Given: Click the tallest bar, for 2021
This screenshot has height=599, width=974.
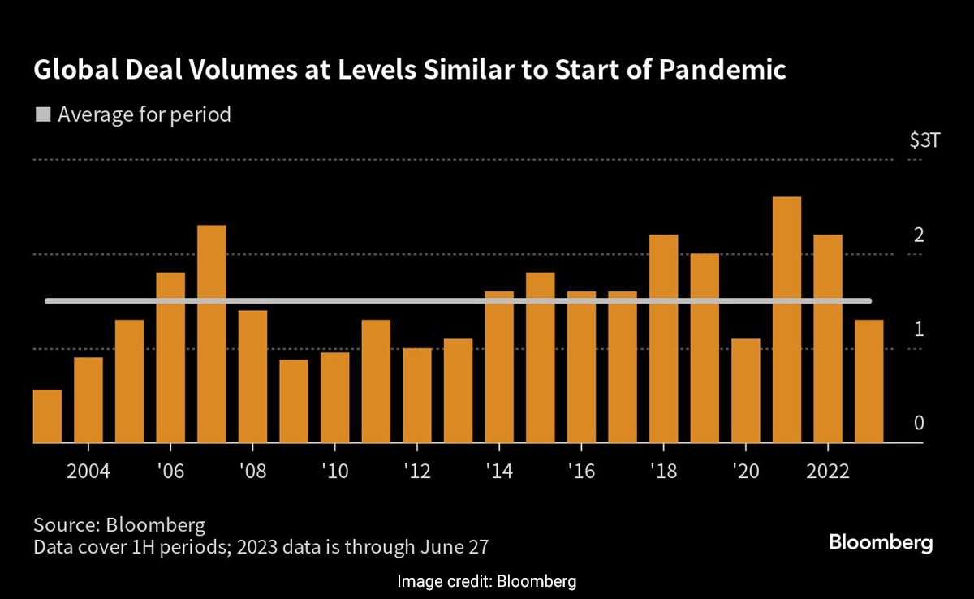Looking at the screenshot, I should pyautogui.click(x=787, y=320).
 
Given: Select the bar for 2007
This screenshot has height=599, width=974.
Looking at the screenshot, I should pyautogui.click(x=212, y=334).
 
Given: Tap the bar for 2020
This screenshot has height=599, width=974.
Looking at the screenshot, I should pyautogui.click(x=746, y=390).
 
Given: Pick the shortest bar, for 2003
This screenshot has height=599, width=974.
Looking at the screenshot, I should pyautogui.click(x=47, y=416).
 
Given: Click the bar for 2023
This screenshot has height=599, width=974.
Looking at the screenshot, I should pyautogui.click(x=869, y=381).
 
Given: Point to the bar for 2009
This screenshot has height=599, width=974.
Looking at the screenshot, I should pyautogui.click(x=294, y=401).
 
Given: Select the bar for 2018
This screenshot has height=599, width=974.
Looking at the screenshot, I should pyautogui.click(x=663, y=338).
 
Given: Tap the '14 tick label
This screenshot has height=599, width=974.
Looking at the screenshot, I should pyautogui.click(x=499, y=472).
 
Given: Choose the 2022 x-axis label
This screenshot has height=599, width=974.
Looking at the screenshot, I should pyautogui.click(x=828, y=472).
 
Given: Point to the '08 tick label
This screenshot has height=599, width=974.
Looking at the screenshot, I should pyautogui.click(x=252, y=472).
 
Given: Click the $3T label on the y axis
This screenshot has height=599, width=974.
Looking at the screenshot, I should pyautogui.click(x=924, y=140).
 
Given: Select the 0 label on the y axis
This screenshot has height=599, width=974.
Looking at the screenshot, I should pyautogui.click(x=919, y=423).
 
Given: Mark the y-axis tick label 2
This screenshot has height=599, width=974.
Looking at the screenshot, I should pyautogui.click(x=919, y=235).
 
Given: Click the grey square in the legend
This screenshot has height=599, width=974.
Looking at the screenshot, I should pyautogui.click(x=42, y=114).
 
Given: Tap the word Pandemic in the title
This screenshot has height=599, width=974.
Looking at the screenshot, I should pyautogui.click(x=722, y=71).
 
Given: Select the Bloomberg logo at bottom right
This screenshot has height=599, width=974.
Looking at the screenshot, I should pyautogui.click(x=881, y=542).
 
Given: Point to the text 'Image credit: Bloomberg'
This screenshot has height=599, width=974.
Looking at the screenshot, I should pyautogui.click(x=487, y=581).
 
